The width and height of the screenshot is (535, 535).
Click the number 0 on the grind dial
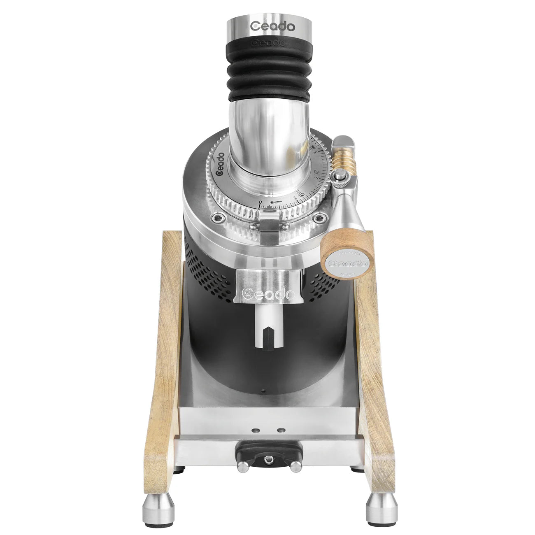260,202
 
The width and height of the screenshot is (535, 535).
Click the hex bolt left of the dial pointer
218,218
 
